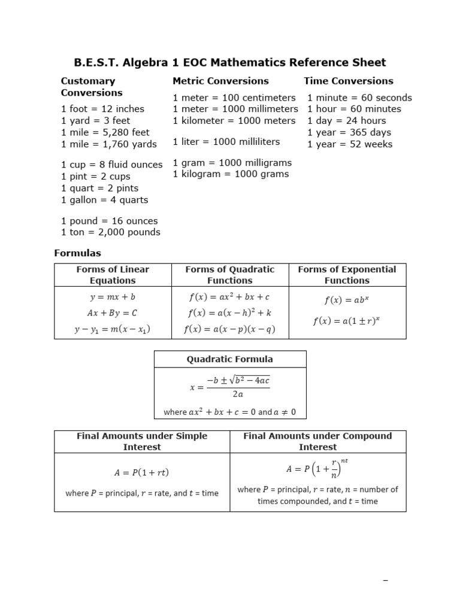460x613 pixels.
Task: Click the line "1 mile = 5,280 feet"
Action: [105, 132]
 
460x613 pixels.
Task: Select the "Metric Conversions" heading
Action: [220, 81]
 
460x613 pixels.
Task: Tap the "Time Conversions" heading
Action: [348, 81]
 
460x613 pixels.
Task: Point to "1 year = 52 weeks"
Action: [350, 144]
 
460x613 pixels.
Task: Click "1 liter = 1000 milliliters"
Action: [226, 142]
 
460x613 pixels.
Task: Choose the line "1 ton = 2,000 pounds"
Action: [111, 232]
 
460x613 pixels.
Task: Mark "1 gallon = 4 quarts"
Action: [105, 200]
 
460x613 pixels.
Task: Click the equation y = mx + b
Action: [113, 297]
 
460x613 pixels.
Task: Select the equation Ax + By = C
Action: [113, 312]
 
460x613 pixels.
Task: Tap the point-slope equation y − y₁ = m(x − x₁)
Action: [113, 329]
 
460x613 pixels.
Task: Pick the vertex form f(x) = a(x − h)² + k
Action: [229, 312]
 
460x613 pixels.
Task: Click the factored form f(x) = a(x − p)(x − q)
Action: [229, 329]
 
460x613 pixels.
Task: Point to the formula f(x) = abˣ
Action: [347, 301]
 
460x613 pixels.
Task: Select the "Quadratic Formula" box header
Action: [230, 359]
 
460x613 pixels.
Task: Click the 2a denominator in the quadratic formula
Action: [238, 394]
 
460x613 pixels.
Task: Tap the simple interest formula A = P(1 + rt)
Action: [142, 473]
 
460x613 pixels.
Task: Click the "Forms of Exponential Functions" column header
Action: [347, 275]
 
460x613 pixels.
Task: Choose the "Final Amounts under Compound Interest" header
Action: [317, 441]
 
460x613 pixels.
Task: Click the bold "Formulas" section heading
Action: [78, 253]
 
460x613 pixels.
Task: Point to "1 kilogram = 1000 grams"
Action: [231, 174]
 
